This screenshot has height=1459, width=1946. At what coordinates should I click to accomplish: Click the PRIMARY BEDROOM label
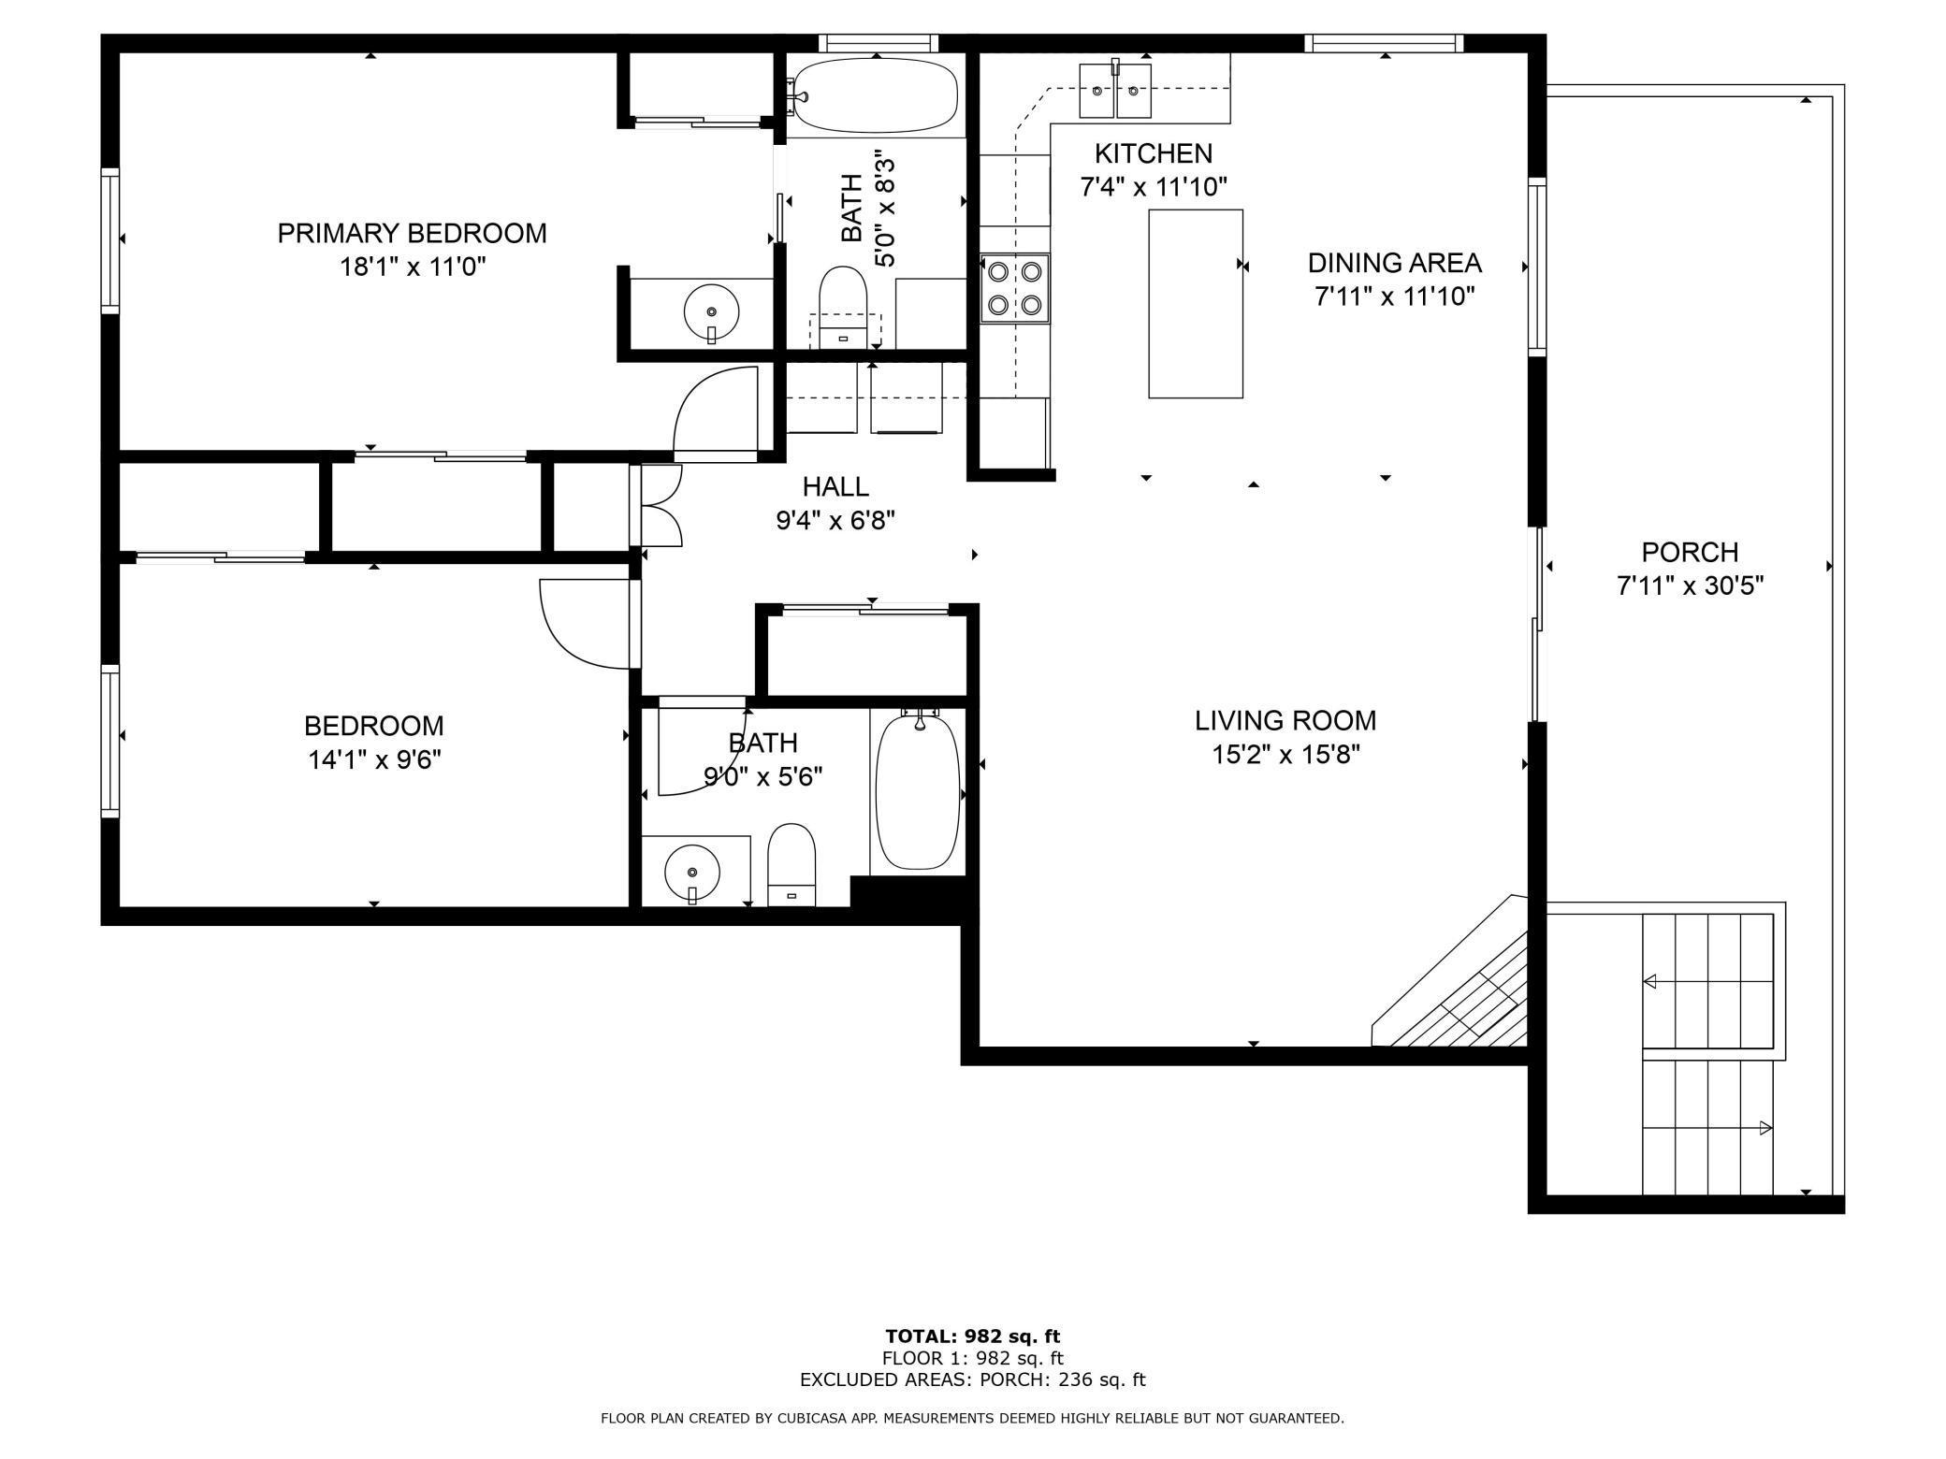412,233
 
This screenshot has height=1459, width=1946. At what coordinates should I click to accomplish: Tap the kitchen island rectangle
1195,304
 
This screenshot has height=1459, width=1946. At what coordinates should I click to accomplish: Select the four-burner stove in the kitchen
1015,288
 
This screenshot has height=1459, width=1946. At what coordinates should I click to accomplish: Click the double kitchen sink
1115,91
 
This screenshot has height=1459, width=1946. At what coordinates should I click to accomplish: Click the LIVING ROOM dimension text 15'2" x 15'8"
1285,755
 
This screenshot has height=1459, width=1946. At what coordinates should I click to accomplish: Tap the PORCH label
1690,552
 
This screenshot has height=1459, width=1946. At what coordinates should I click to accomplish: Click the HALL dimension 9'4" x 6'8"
835,520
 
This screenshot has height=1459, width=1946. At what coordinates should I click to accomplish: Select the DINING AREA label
1394,263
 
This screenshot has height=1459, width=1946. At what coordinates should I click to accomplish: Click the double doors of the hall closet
661,505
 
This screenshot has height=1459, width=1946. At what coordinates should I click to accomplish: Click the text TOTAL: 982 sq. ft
972,1336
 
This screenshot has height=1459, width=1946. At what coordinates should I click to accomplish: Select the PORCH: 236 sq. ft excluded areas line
972,1380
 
